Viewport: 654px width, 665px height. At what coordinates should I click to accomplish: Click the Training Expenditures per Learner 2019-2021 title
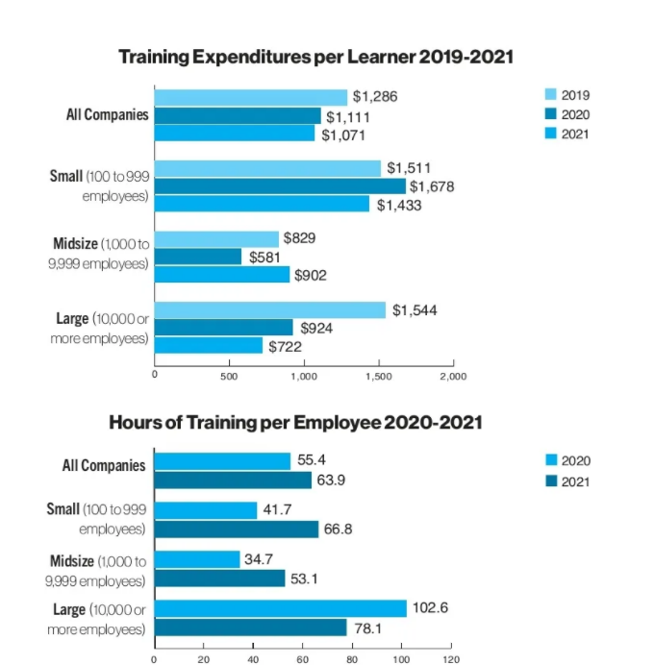coord(315,57)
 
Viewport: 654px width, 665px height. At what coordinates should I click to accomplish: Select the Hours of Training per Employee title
coord(295,422)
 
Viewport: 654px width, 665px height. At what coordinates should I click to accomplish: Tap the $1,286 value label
coord(375,96)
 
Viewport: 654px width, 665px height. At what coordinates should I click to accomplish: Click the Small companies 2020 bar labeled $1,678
coord(280,186)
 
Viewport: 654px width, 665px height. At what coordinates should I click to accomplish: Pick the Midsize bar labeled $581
coord(198,257)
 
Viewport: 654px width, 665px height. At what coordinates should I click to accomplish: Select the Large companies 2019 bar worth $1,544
coord(269,309)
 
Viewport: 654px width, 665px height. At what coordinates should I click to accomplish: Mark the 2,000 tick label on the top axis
coord(452,377)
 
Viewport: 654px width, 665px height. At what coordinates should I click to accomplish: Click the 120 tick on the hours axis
coord(450,659)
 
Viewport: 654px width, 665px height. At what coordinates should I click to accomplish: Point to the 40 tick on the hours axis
coord(253,659)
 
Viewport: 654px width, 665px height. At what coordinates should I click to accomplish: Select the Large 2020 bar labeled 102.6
coord(280,608)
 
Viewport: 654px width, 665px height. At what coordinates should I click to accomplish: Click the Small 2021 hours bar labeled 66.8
coord(236,529)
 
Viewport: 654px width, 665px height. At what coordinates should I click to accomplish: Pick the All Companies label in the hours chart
coord(104,465)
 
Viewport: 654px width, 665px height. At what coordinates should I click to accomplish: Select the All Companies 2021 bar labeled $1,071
coord(235,134)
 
